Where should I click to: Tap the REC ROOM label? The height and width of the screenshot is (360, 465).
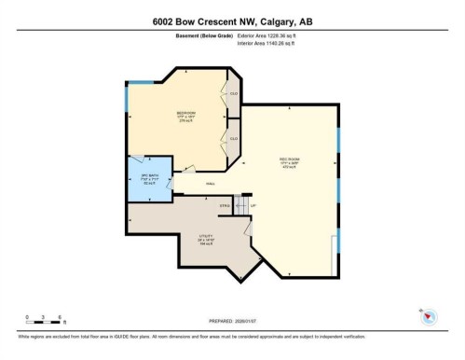288,159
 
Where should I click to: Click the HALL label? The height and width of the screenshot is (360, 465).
198,184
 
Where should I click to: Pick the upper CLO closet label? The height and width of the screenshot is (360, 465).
234,95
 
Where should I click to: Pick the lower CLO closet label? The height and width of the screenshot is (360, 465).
234,139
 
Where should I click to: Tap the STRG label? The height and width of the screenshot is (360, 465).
225,205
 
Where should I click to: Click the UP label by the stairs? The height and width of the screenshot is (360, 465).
253,204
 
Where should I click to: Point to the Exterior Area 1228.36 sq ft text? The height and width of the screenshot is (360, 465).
273,35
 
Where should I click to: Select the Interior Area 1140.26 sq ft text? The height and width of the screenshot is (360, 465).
272,42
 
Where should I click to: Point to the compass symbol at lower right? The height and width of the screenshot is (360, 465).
428,317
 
